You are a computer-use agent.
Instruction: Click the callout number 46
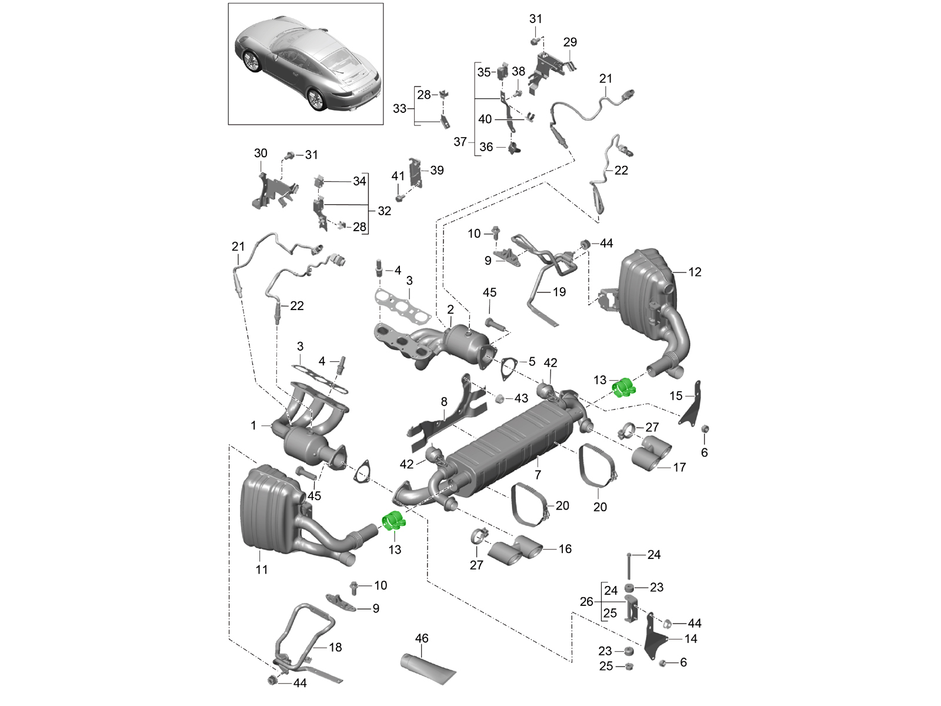click(x=422, y=638)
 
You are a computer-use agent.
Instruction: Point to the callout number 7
click(x=538, y=474)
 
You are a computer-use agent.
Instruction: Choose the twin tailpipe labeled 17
click(x=652, y=454)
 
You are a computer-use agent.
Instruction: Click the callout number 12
click(x=695, y=272)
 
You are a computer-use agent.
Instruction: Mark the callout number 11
click(x=262, y=570)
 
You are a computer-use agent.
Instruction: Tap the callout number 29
click(x=570, y=42)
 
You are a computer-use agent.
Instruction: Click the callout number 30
click(x=261, y=153)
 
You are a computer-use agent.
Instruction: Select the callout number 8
click(x=444, y=402)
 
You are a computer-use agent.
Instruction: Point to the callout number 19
click(x=559, y=292)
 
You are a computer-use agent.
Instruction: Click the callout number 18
click(x=335, y=647)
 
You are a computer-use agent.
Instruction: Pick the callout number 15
click(x=676, y=396)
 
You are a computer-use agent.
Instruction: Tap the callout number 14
click(x=690, y=638)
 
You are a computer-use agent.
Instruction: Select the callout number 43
click(x=521, y=398)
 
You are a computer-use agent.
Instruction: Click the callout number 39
click(x=437, y=170)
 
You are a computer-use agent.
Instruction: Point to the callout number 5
click(x=532, y=362)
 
